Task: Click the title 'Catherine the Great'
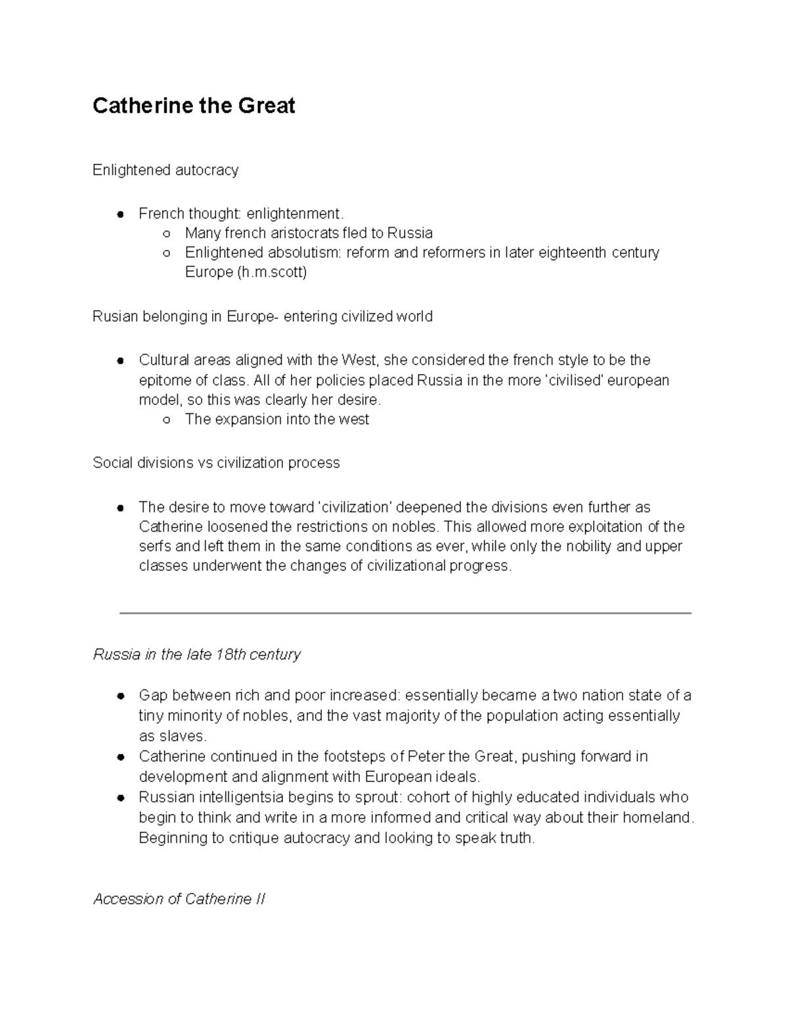pos(194,106)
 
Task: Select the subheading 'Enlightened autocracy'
pos(165,171)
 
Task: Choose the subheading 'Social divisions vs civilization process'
pos(216,463)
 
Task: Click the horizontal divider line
pos(405,613)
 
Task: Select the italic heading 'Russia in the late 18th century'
pos(197,655)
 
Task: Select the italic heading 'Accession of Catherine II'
pos(179,900)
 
